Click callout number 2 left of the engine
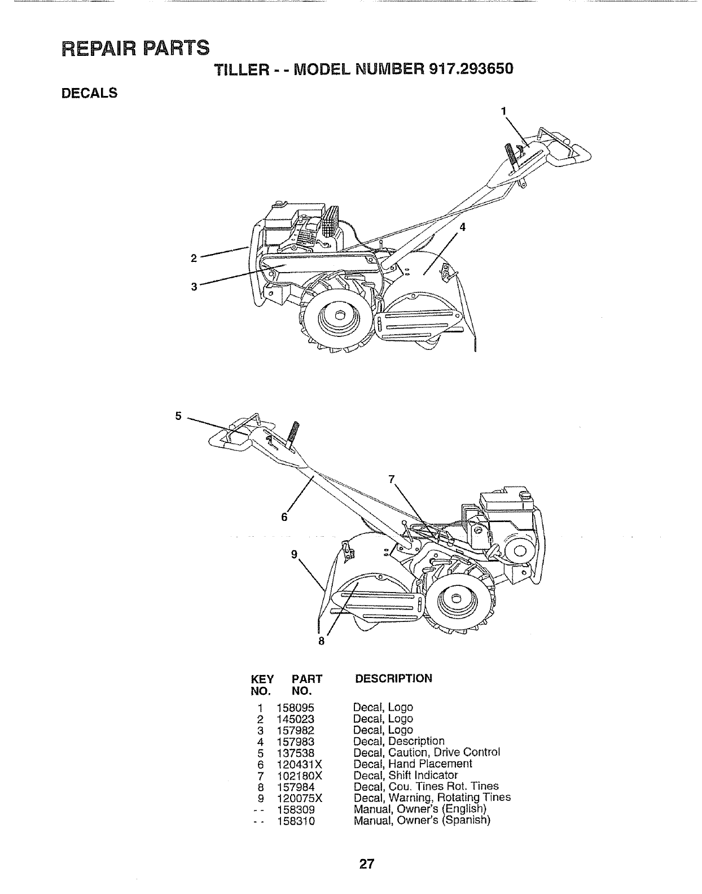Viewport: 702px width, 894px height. tap(194, 258)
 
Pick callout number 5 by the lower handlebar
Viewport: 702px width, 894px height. tap(178, 417)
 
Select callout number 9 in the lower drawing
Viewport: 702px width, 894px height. tap(294, 554)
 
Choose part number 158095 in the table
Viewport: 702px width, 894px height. tap(295, 708)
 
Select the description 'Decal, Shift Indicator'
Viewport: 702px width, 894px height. tap(405, 775)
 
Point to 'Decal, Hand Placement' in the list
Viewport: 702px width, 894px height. tap(412, 764)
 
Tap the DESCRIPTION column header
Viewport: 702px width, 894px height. tap(393, 678)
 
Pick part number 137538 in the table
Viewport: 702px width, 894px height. tap(295, 753)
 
